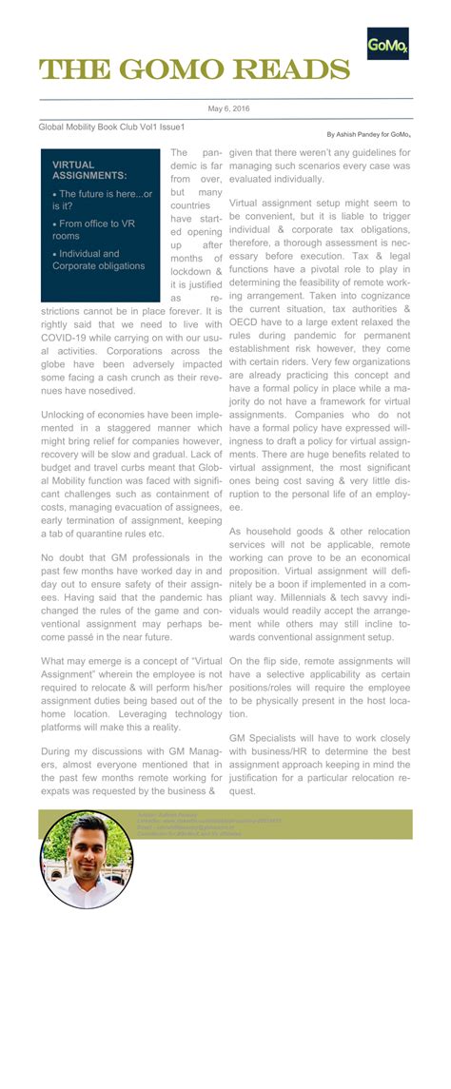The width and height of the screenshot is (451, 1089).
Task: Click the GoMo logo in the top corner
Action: tap(387, 44)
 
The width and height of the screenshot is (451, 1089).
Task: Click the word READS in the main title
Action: tap(288, 69)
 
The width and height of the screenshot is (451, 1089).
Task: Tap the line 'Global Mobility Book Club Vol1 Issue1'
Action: tap(111, 126)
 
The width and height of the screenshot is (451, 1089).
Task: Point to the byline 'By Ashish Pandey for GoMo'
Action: tap(369, 135)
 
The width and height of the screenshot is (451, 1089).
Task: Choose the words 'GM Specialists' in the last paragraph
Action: tap(270, 737)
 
